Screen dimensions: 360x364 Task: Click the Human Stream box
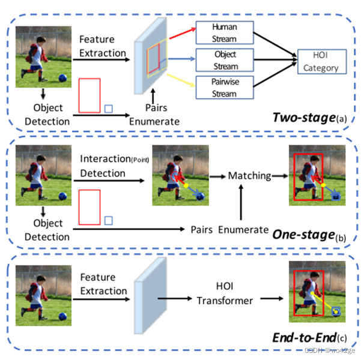[x=224, y=33]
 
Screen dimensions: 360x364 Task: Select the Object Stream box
[x=224, y=61]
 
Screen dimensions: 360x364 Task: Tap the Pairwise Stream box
[x=224, y=88]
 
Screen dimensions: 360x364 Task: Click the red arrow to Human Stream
[x=177, y=37]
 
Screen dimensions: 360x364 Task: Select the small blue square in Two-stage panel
[x=108, y=109]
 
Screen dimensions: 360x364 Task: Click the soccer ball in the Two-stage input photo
[x=63, y=78]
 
